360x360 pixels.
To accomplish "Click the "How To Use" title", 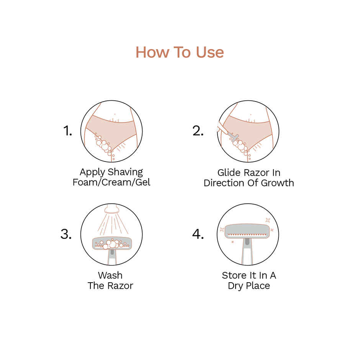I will point(180,52).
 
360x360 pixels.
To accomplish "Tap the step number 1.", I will point(67,131).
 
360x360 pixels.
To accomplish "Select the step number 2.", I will point(198,131).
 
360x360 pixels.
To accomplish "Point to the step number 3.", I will point(66,234).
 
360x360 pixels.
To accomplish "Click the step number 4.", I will point(198,234).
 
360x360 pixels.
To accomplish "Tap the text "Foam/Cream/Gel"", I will point(111,182).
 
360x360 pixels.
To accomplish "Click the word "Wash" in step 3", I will point(110,275).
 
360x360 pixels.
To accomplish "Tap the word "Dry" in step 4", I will point(236,286).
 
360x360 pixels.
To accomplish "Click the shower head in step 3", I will point(111,209).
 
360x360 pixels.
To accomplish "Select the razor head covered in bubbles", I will point(111,244).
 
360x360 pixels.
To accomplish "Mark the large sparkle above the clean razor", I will point(268,220).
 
